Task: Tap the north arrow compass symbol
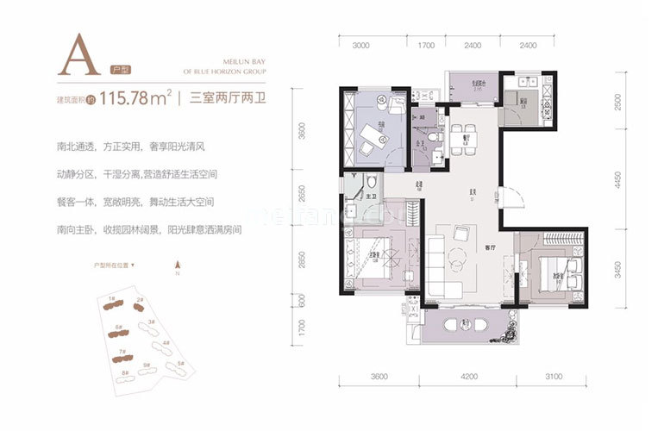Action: [x=177, y=266]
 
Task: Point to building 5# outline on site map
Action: [x=179, y=365]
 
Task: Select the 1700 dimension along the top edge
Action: [x=425, y=45]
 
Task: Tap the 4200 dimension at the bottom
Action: [x=469, y=377]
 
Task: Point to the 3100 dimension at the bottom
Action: [x=554, y=377]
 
